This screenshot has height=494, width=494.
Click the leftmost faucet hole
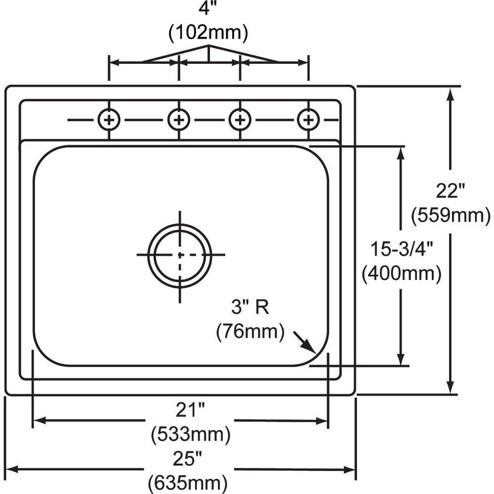click(109, 120)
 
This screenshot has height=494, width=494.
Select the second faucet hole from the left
click(179, 120)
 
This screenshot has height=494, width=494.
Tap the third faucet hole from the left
click(240, 120)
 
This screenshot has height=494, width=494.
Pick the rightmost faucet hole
click(309, 120)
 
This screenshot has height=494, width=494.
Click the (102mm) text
click(208, 33)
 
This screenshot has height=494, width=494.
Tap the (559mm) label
click(451, 215)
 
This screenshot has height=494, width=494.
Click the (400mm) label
click(401, 274)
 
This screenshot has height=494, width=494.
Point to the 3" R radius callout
click(250, 307)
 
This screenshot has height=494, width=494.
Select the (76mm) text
click(250, 331)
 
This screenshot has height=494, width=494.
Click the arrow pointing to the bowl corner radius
click(305, 342)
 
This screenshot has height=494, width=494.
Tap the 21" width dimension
click(190, 410)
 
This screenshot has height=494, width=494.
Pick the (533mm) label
click(191, 435)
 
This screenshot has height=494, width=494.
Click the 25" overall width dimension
click(187, 459)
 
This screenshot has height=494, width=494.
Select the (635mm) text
click(188, 483)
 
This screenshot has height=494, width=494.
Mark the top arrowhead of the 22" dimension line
click(451, 94)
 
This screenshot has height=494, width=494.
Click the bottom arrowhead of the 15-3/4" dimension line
click(401, 359)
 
